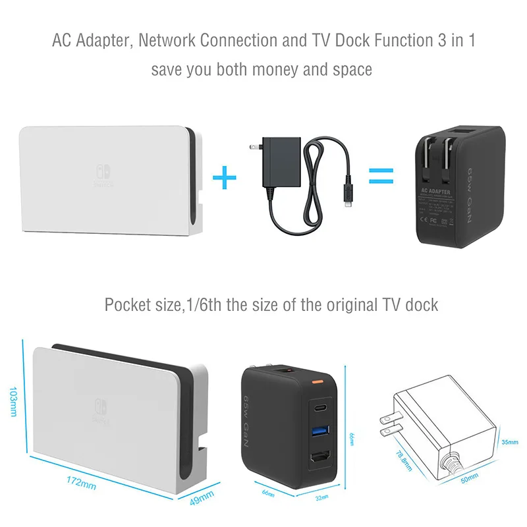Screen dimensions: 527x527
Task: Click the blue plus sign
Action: tap(225, 176)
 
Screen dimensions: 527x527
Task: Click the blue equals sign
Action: tap(380, 176)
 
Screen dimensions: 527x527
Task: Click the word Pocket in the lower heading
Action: tap(127, 305)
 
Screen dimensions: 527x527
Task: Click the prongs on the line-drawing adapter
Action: tap(383, 425)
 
